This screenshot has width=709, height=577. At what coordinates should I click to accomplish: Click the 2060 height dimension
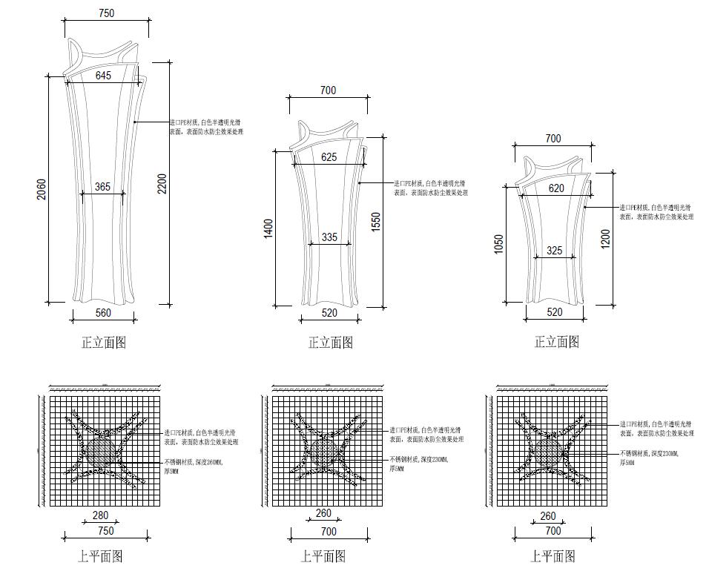[42, 189]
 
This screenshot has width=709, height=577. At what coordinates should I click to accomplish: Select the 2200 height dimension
[162, 183]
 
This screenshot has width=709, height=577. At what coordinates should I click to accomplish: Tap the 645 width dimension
[103, 76]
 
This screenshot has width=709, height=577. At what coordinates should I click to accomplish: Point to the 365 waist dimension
[102, 187]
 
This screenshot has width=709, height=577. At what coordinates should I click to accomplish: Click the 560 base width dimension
[103, 313]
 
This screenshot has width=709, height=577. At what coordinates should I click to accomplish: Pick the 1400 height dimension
[268, 227]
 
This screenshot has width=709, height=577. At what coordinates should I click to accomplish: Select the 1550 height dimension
[375, 222]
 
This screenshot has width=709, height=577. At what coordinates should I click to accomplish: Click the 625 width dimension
[329, 157]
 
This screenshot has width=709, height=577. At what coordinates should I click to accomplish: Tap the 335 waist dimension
[329, 237]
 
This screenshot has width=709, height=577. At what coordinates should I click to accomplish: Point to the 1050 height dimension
[499, 245]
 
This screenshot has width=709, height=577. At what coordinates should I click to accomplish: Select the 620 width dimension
[555, 188]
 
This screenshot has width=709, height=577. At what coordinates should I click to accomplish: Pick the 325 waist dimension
[554, 251]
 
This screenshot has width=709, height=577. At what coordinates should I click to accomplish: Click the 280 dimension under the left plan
[100, 515]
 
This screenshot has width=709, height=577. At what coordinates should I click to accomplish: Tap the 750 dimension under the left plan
[106, 531]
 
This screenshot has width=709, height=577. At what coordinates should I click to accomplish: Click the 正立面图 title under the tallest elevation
[103, 343]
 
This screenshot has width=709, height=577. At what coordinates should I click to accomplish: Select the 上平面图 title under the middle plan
[323, 556]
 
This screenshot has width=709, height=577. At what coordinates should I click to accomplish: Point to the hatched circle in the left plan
[99, 452]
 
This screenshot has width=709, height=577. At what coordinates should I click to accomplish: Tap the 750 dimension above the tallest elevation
[106, 13]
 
